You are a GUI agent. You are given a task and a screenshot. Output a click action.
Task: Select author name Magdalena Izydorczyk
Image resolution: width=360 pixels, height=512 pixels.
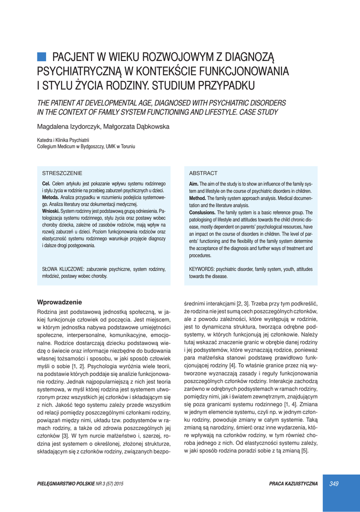click(x=68, y=126)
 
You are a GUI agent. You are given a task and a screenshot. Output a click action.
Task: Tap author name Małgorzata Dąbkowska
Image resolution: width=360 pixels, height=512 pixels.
click(x=136, y=126)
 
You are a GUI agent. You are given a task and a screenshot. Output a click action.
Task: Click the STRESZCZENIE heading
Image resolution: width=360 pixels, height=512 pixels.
click(x=62, y=173)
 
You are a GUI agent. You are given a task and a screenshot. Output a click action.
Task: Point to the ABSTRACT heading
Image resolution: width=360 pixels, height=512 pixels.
click(x=203, y=173)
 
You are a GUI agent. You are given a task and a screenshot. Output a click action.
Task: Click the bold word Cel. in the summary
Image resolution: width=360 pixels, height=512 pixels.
click(x=46, y=184)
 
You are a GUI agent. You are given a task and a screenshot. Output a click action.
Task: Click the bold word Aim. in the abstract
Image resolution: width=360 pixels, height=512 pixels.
click(x=194, y=184)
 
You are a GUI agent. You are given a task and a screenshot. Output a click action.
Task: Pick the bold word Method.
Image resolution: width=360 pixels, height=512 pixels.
click(x=198, y=198)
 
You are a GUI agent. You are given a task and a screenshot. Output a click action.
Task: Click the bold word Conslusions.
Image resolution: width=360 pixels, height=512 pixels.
click(x=202, y=212)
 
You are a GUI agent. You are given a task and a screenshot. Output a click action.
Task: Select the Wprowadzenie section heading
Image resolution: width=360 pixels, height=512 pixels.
click(x=59, y=302)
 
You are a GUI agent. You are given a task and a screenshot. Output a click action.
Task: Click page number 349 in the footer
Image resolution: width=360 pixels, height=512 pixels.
click(x=334, y=483)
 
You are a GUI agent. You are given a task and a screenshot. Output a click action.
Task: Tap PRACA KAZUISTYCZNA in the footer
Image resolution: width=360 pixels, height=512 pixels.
click(x=293, y=483)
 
